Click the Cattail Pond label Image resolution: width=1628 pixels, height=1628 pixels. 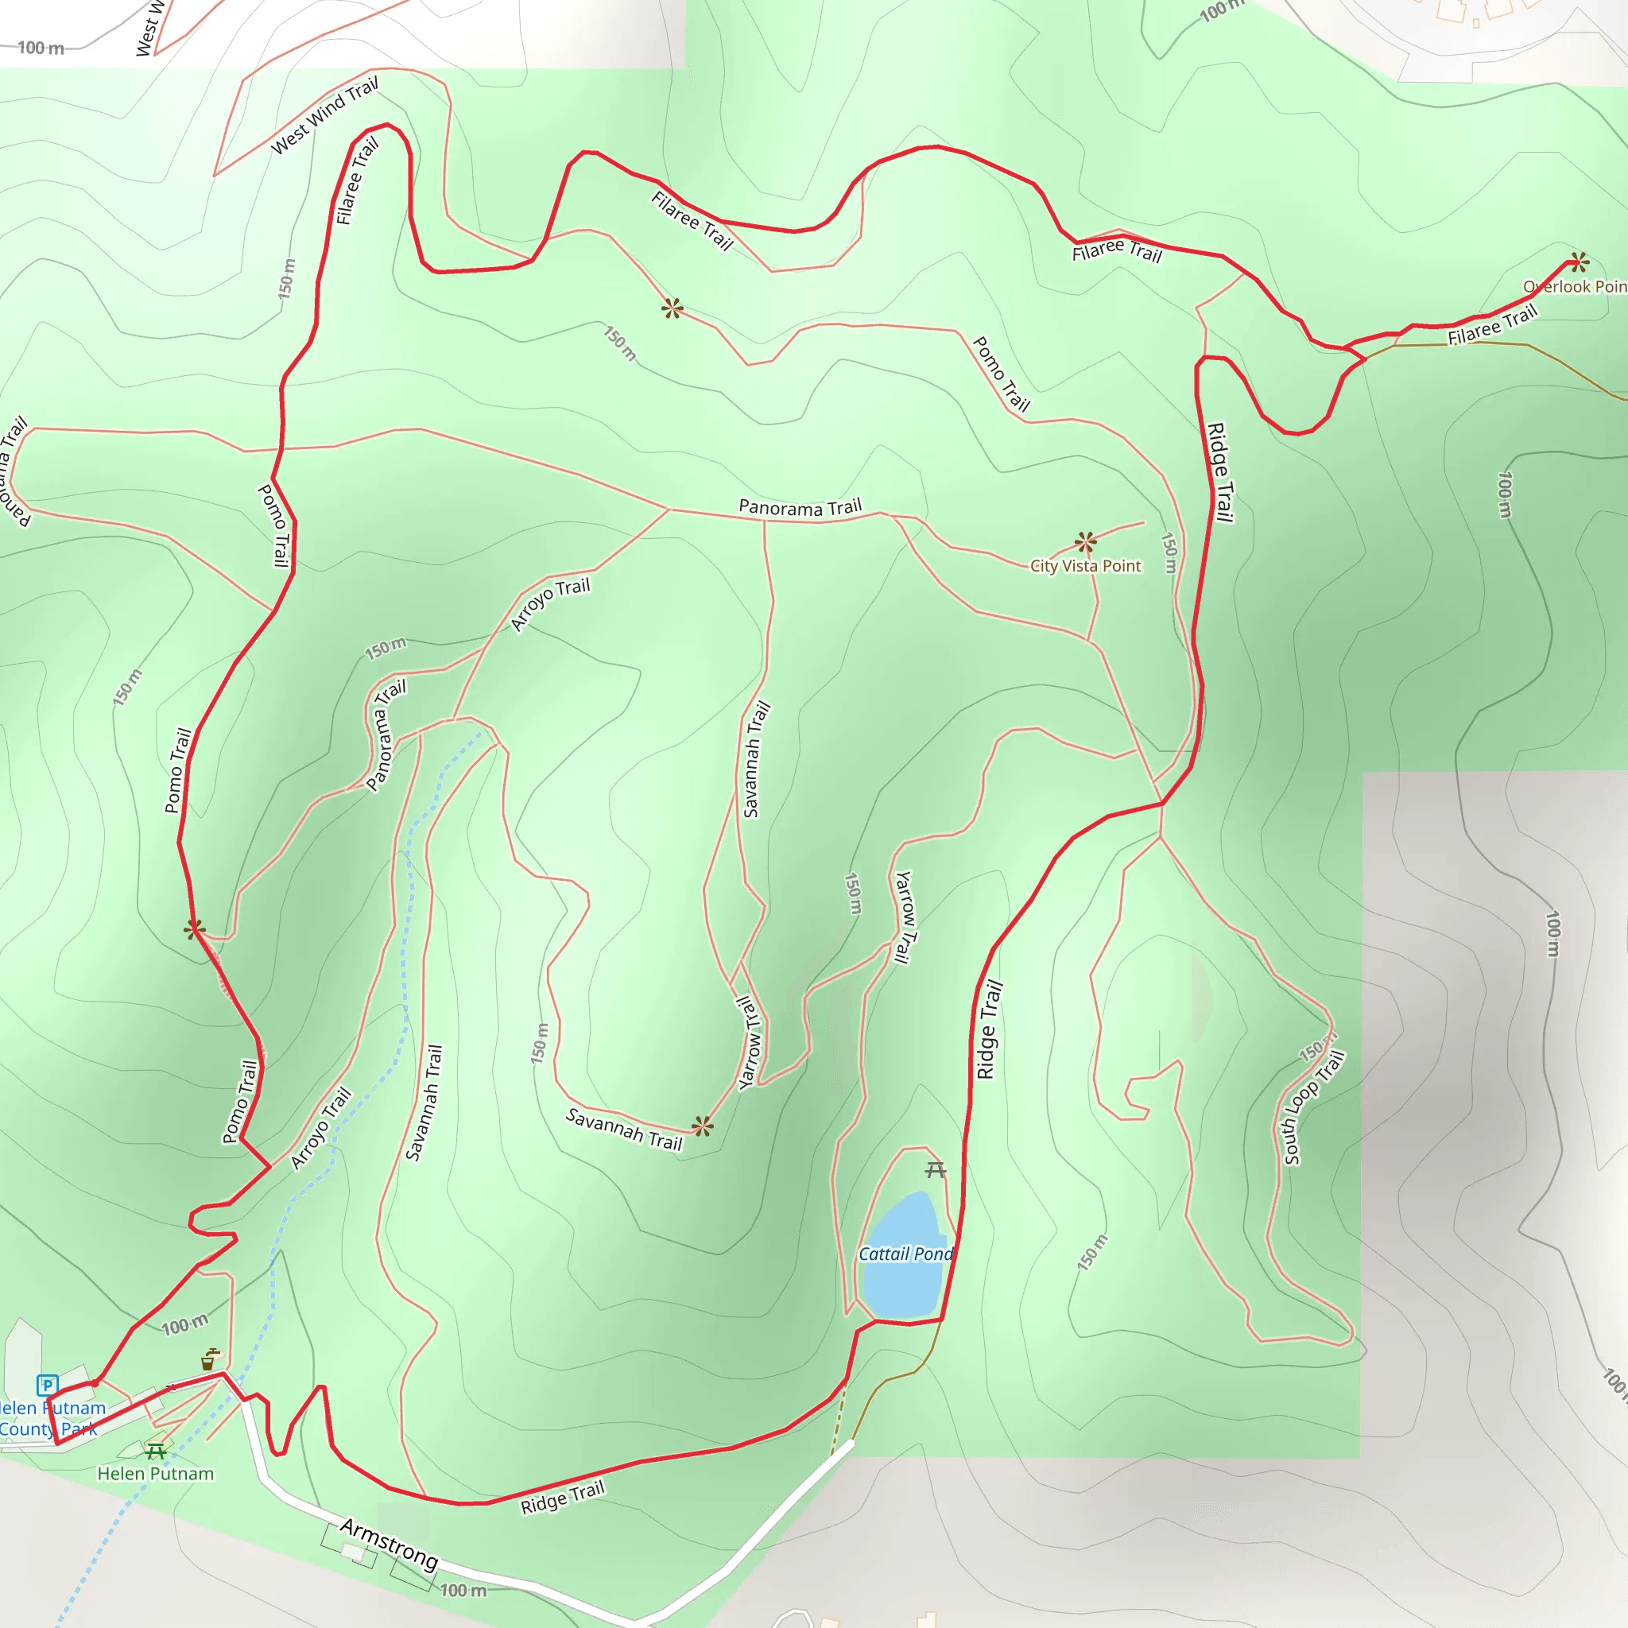coord(905,1254)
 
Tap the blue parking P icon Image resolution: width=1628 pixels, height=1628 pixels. coord(47,1385)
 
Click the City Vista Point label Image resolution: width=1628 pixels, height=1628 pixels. coord(1085,566)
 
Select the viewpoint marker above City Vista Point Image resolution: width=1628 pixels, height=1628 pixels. coord(1085,542)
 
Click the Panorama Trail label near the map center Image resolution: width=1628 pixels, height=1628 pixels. coord(800,507)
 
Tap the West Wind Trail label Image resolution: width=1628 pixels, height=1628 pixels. coord(324,115)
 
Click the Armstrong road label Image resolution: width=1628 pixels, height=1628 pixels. coord(390,1544)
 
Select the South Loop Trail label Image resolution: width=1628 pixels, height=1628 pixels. coord(1314,1107)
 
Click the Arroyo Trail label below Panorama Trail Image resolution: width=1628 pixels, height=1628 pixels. coord(550,603)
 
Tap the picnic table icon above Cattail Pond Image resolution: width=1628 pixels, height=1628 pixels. coord(936,1169)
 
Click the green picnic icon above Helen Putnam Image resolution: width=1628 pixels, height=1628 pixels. coord(155,1451)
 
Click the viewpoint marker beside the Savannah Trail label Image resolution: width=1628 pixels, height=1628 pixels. coord(703,1126)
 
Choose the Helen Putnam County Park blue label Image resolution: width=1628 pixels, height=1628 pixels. coord(51,1418)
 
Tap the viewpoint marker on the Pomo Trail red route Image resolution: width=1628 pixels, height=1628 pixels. coord(194,929)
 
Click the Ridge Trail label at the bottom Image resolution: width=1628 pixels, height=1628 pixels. coord(562,1497)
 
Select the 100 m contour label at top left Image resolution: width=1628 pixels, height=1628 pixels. coord(41,48)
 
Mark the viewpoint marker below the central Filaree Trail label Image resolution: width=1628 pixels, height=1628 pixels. coord(673,308)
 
